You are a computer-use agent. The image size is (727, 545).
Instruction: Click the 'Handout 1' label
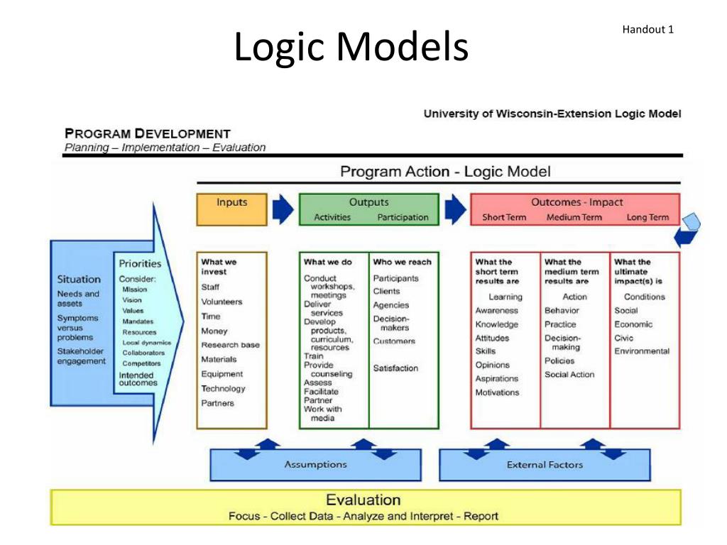tap(647, 29)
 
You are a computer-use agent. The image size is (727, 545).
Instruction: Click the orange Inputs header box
tap(231, 209)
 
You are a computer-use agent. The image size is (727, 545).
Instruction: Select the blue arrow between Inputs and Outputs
tap(283, 209)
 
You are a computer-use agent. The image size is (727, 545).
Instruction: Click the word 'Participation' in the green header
tap(403, 218)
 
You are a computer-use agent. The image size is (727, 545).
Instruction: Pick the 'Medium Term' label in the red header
tap(574, 218)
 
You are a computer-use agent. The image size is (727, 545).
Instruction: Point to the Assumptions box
tap(315, 465)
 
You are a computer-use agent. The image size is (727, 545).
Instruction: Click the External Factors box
tap(545, 465)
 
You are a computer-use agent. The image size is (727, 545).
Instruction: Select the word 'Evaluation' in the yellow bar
tap(363, 500)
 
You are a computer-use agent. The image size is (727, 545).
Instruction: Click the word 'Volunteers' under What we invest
tap(222, 302)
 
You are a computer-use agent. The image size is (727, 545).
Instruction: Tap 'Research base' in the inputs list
tap(230, 345)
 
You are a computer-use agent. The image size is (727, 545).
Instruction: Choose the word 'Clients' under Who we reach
tap(386, 291)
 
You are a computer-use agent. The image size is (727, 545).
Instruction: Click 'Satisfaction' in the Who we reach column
tap(395, 368)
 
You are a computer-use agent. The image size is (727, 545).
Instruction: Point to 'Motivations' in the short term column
tap(497, 392)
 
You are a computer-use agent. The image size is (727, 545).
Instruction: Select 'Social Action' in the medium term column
tap(569, 375)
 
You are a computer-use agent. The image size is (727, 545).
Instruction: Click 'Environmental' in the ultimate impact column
tap(642, 351)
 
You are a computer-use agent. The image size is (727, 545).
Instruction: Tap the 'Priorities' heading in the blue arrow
tap(140, 264)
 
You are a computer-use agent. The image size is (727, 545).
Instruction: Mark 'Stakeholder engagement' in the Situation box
tap(81, 356)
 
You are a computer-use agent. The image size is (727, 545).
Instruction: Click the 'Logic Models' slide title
tap(351, 47)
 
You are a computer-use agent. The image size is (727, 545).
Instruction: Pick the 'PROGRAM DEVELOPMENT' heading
tap(148, 133)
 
